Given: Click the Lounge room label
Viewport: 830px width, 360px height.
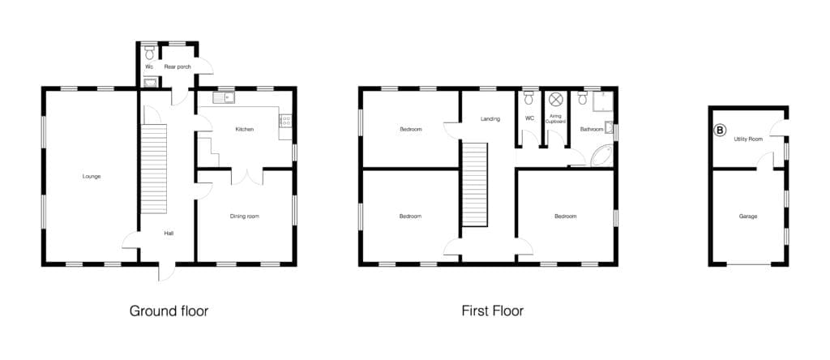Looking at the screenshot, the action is coord(92,176).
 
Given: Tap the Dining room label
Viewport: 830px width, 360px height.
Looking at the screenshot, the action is coord(245,216).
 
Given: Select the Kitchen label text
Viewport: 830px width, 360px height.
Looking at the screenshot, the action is coord(245,129).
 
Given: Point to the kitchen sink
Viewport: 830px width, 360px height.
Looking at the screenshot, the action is coord(224,97).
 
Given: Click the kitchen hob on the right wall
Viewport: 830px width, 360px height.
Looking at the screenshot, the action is coord(285,121).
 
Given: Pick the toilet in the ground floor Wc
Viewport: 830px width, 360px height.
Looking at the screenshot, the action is coord(149,52).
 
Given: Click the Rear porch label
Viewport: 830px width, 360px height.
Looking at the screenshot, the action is coord(178,66).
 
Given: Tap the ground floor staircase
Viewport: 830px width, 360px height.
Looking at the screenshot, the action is coord(154,169).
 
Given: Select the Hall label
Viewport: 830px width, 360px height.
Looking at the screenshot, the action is coord(169,233).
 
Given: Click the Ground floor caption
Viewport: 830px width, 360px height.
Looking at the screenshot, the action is coord(169,311).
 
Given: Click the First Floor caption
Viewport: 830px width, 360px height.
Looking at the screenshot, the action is coord(492,311).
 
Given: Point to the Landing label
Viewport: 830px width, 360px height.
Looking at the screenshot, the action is coord(490,119).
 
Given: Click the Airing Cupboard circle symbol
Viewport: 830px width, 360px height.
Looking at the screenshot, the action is coord(555,99).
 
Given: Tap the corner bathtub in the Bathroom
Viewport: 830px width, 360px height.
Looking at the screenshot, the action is coord(601,156).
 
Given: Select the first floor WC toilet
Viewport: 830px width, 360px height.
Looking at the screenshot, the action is coord(528,98).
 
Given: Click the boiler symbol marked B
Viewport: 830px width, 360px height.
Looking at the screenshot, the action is coord(720,131).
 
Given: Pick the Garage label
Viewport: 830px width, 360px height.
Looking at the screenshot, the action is coord(748,216).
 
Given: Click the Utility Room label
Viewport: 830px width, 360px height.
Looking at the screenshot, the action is coord(748,139).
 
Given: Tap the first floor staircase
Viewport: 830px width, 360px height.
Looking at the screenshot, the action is coord(474,184).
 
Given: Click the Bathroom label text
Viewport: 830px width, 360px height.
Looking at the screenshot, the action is coord(591,129).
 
